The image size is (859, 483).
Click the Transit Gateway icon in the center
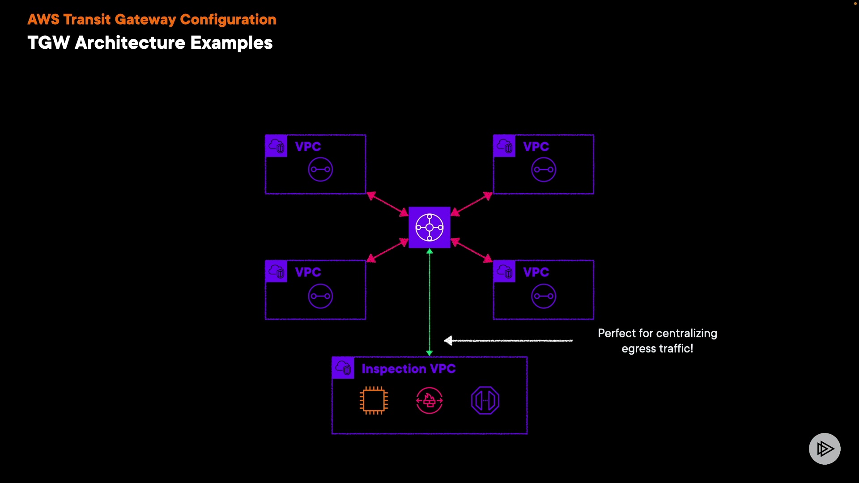pyautogui.click(x=429, y=227)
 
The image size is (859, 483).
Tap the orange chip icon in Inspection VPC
pyautogui.click(x=374, y=400)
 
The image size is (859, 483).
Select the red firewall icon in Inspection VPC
pyautogui.click(x=429, y=400)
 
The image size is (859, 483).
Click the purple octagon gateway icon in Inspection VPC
pyautogui.click(x=485, y=400)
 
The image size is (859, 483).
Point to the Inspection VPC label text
pyautogui.click(x=408, y=369)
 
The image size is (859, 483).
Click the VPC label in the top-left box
pyautogui.click(x=308, y=147)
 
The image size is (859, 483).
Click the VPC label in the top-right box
pyautogui.click(x=536, y=147)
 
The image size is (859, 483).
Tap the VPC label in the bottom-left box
pyautogui.click(x=308, y=272)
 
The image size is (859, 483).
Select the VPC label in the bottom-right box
pyautogui.click(x=536, y=272)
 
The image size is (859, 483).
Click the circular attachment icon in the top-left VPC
pyautogui.click(x=320, y=169)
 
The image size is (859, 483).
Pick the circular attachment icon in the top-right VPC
pyautogui.click(x=544, y=169)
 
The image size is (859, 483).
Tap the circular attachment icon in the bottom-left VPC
pyautogui.click(x=320, y=296)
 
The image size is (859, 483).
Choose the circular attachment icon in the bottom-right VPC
pyautogui.click(x=544, y=296)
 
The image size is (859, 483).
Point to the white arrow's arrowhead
pyautogui.click(x=448, y=341)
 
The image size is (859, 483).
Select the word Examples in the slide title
pyautogui.click(x=231, y=43)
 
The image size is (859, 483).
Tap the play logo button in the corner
pyautogui.click(x=825, y=449)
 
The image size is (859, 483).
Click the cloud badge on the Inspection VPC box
pyautogui.click(x=343, y=368)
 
